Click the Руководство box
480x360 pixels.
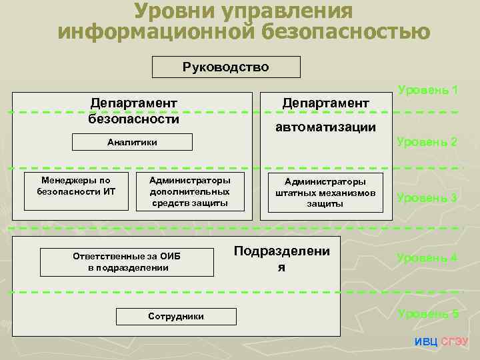226,67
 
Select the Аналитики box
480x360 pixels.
132,142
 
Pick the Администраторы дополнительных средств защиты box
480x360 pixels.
189,191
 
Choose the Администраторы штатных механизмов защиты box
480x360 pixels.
325,193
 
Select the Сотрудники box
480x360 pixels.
175,316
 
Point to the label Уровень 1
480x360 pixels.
427,89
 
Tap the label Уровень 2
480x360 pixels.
427,142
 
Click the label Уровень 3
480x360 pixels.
427,198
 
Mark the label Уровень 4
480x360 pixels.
427,258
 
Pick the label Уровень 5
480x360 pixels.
427,313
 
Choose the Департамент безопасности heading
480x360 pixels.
133,111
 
